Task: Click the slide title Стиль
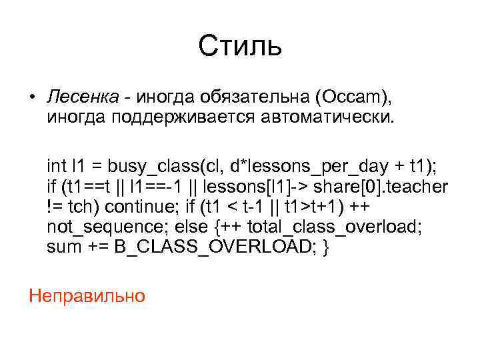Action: click(240, 47)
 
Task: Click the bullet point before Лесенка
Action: click(32, 99)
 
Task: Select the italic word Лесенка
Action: click(83, 99)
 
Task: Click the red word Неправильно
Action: click(87, 294)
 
